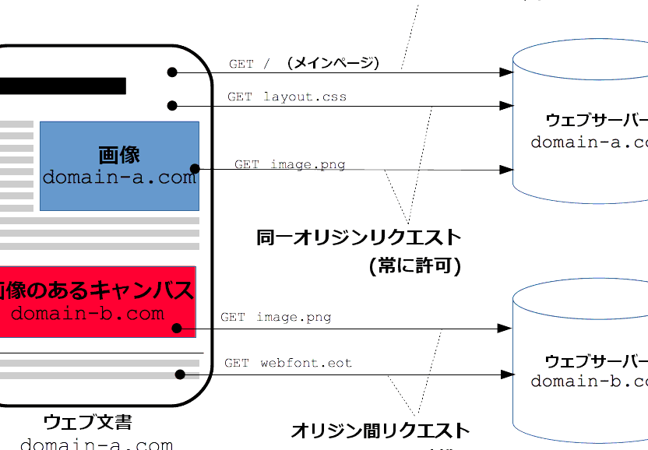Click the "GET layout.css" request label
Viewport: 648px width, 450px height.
(287, 97)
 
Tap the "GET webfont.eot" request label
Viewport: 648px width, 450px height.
(288, 363)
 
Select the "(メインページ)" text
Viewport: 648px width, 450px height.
(333, 63)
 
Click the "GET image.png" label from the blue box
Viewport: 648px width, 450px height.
(290, 164)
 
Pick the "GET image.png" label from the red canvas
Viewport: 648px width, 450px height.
(276, 317)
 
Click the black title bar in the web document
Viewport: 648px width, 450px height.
(62, 86)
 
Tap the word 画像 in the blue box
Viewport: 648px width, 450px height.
(119, 154)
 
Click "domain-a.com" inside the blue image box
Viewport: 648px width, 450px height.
(119, 178)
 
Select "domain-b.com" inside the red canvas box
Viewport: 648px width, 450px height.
(88, 314)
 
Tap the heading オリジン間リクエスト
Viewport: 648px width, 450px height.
(380, 430)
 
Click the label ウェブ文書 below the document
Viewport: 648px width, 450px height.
(88, 423)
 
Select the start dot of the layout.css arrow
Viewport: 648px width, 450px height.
(172, 105)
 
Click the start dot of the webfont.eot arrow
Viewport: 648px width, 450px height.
(180, 374)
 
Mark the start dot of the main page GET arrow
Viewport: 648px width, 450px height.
(172, 72)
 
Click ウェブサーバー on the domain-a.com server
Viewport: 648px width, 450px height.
(597, 121)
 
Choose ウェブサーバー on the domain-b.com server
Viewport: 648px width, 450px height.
(597, 361)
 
